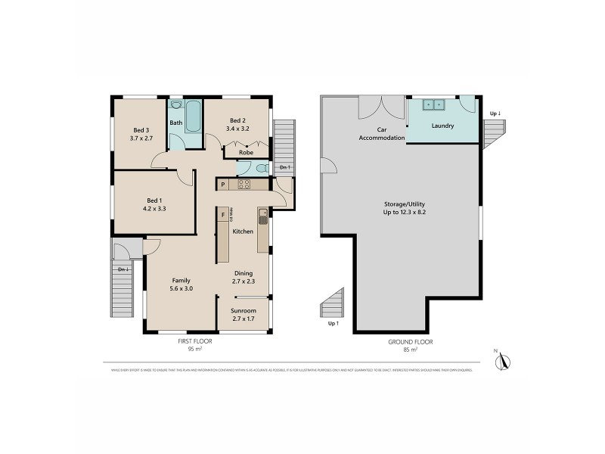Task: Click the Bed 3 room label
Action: click(141, 129)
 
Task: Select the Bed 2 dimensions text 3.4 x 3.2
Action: click(238, 129)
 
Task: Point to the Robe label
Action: click(246, 152)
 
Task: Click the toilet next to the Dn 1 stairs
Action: click(260, 168)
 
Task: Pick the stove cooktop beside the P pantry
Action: click(244, 184)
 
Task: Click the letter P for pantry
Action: click(223, 184)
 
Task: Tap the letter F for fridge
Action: click(222, 215)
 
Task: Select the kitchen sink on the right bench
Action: click(262, 218)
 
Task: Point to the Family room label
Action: click(181, 280)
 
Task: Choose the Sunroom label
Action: click(244, 310)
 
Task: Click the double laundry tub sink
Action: click(433, 104)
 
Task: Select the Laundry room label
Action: click(442, 126)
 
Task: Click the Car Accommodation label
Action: click(381, 134)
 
